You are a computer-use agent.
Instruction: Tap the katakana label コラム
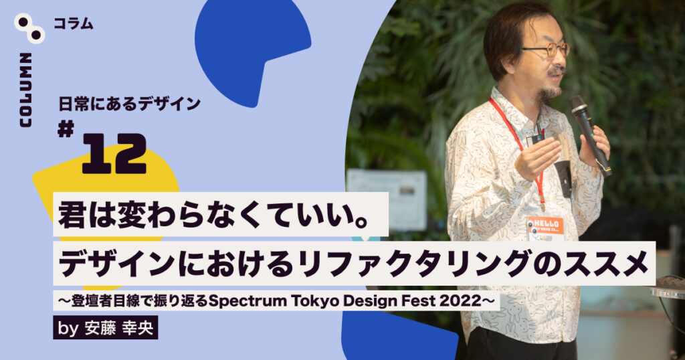(73, 23)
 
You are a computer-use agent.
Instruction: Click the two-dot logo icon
(29, 28)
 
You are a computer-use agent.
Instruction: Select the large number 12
(114, 154)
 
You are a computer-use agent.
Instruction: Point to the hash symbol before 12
(66, 130)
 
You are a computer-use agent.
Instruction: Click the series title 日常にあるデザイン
(129, 104)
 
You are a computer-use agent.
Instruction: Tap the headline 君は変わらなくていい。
(213, 215)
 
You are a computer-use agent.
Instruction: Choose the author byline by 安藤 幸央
(105, 328)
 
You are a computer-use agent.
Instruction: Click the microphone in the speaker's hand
(591, 135)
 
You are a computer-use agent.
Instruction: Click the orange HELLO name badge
(545, 225)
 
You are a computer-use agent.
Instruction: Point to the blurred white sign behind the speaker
(387, 199)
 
